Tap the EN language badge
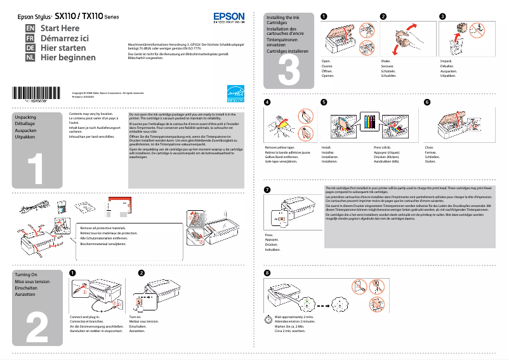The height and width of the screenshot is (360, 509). [x=30, y=29]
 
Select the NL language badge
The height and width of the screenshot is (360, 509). [x=30, y=58]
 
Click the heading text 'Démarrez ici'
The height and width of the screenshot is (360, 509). [x=65, y=38]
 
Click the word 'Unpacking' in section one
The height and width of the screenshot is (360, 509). [x=25, y=118]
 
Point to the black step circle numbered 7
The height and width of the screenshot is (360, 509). [x=267, y=190]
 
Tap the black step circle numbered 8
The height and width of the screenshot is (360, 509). [x=267, y=273]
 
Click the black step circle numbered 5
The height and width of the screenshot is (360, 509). [x=324, y=102]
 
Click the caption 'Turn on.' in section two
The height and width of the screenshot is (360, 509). [x=135, y=316]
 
